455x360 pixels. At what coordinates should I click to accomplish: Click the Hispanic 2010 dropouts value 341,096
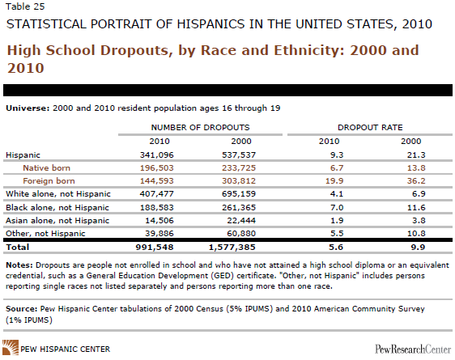(x=157, y=155)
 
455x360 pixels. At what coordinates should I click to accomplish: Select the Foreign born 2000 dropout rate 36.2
(x=416, y=181)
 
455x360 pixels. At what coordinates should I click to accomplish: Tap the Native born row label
(x=46, y=167)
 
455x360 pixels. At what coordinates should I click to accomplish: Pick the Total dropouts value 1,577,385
(x=232, y=248)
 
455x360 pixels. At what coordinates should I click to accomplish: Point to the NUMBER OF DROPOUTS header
(x=200, y=127)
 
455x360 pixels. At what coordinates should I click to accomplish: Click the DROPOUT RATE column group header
(x=370, y=127)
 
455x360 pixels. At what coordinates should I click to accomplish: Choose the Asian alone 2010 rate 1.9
(x=337, y=220)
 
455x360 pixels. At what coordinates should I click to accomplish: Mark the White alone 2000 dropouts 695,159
(x=239, y=193)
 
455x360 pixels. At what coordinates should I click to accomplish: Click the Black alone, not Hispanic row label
(x=57, y=208)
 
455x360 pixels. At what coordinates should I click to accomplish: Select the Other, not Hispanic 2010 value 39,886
(x=159, y=233)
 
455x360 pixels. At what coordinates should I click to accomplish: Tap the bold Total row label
(x=18, y=248)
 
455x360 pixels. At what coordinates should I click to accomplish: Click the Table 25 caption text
(x=25, y=6)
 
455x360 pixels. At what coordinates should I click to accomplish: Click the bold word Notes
(x=19, y=265)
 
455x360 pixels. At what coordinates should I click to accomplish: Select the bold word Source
(x=22, y=309)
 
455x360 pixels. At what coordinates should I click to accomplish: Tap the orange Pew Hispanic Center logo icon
(x=11, y=347)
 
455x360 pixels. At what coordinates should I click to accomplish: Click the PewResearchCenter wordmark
(x=413, y=349)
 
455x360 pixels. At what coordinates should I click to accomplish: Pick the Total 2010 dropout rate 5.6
(x=336, y=248)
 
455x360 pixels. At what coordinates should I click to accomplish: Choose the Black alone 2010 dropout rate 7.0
(x=337, y=208)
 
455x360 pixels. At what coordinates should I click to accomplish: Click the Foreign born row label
(x=49, y=181)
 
